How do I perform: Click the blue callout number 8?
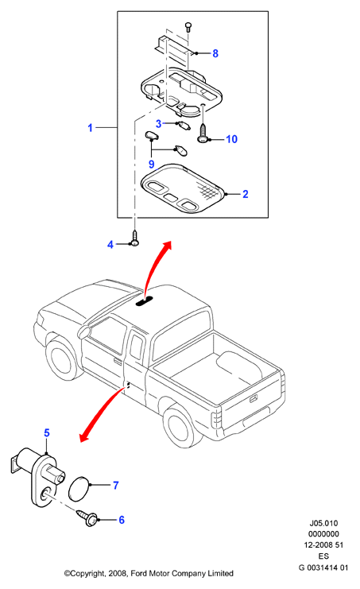215,53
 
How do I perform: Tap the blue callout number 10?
231,139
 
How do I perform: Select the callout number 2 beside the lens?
245,194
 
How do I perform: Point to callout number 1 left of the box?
90,128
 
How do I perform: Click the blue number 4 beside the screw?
110,245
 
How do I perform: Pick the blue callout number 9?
152,165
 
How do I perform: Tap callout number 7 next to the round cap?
115,486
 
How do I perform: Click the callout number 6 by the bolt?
122,520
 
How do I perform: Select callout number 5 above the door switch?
47,432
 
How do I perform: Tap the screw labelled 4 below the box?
134,238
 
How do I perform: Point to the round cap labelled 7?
79,489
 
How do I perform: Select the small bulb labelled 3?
184,126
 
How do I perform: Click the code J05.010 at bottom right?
323,523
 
